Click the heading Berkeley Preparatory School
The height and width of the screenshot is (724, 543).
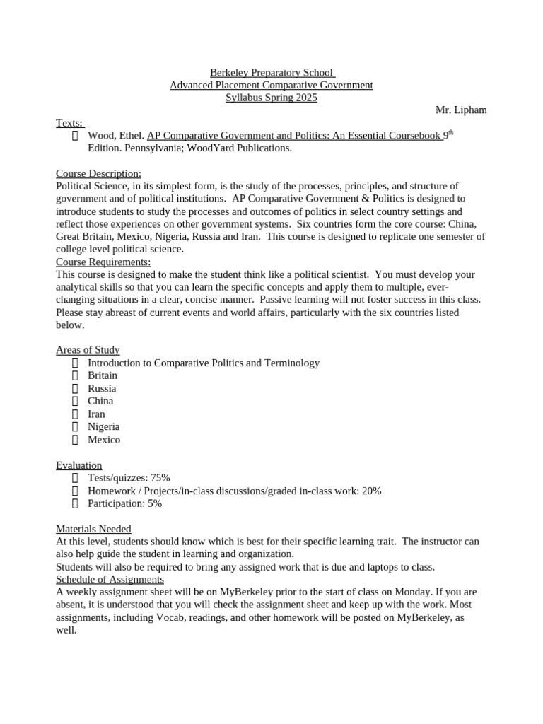[x=271, y=72]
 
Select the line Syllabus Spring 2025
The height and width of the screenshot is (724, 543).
[x=271, y=98]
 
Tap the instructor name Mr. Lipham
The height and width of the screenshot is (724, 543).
[x=461, y=110]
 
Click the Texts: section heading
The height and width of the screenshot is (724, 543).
[x=69, y=122]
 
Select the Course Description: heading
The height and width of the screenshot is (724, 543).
[x=98, y=173]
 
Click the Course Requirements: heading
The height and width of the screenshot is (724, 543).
[x=103, y=262]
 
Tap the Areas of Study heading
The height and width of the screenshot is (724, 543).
[x=88, y=350]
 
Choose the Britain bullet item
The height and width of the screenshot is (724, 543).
[x=103, y=375]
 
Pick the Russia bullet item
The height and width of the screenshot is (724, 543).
[x=102, y=388]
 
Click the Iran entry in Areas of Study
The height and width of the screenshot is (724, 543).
[x=96, y=414]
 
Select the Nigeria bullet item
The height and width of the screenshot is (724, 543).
[x=103, y=426]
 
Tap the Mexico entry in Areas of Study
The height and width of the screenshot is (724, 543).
[x=104, y=439]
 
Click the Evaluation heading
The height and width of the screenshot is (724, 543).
[x=79, y=465]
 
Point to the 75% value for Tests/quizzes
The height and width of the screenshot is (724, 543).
[x=160, y=478]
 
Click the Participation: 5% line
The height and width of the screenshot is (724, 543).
[x=124, y=503]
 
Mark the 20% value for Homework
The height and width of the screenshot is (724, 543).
[x=371, y=491]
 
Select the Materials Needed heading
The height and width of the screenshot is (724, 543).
[x=93, y=529]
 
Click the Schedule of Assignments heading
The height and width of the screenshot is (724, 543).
[x=110, y=579]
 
